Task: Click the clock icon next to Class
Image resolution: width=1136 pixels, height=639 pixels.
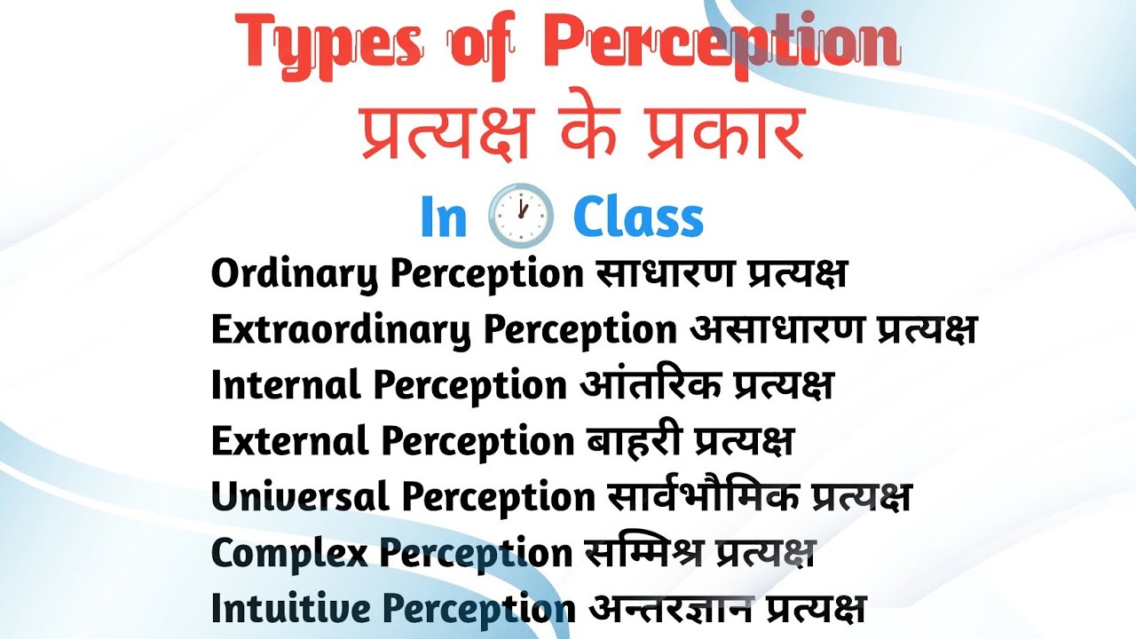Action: click(x=521, y=216)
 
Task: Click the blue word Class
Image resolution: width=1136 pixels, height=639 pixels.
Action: click(x=638, y=217)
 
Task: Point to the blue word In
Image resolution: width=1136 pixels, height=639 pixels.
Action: click(x=444, y=217)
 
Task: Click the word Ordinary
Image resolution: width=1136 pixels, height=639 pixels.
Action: click(x=295, y=275)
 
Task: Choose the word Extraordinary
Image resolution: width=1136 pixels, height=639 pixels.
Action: click(x=341, y=331)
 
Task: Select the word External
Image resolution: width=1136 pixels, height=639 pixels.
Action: click(x=289, y=441)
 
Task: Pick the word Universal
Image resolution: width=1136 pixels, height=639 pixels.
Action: click(x=300, y=497)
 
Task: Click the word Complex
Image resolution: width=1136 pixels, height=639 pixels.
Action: click(x=289, y=553)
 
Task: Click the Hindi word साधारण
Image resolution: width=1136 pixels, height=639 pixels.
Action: click(x=655, y=275)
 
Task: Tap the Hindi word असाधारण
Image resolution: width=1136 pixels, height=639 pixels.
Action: click(x=777, y=331)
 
